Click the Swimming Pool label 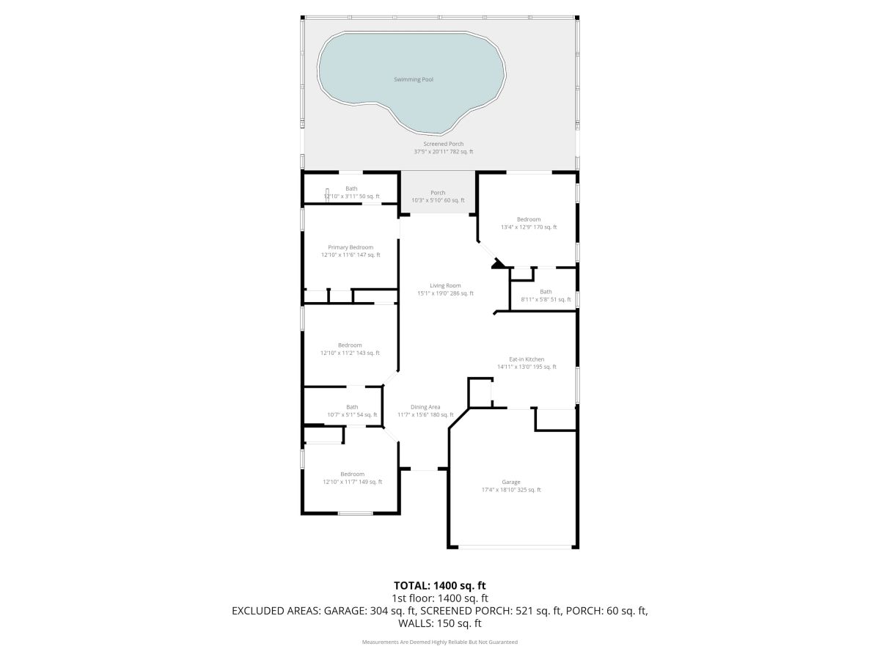coord(414,79)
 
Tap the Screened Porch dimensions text coord(444,152)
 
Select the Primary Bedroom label coord(351,247)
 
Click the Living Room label coord(445,285)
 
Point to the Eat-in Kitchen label coord(527,359)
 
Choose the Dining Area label coord(425,407)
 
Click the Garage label coord(510,482)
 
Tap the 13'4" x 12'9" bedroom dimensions coord(529,227)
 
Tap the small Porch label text coord(438,193)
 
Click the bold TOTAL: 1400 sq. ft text coord(440,585)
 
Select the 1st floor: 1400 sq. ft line coord(440,598)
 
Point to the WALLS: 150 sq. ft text coord(440,623)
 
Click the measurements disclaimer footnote coord(440,642)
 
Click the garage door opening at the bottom coord(515,546)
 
